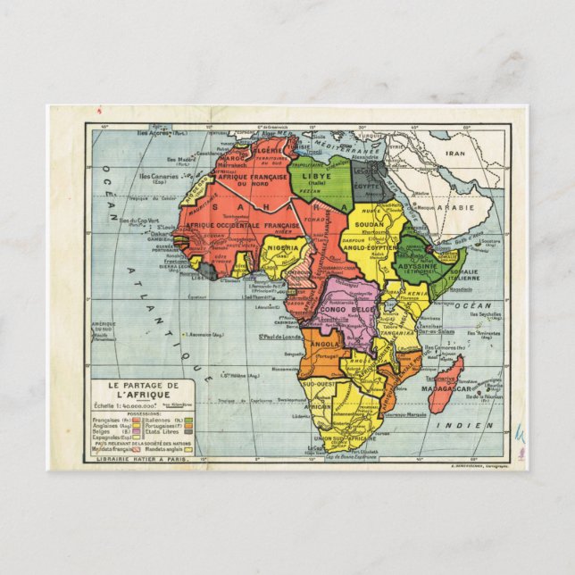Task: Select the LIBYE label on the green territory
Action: click(x=317, y=176)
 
